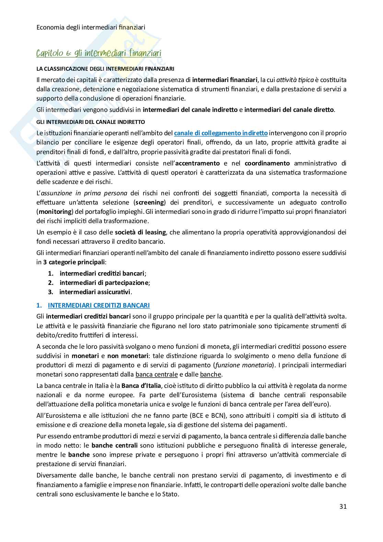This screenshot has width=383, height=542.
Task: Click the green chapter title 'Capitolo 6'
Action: coord(99,53)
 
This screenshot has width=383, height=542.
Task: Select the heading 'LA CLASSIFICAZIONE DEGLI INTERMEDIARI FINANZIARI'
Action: coord(105,69)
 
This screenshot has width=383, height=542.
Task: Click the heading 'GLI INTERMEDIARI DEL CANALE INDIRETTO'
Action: coord(91,122)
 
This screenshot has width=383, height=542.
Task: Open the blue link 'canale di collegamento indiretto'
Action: coord(221,133)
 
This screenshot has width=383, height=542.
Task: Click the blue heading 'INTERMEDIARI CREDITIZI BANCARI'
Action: coord(98,305)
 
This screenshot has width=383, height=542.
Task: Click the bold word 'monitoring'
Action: coord(54,212)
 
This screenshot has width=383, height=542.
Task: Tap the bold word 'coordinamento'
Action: coord(267,163)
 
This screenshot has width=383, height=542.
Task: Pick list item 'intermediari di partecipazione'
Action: coord(104,283)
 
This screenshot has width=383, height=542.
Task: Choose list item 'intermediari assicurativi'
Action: coord(95,292)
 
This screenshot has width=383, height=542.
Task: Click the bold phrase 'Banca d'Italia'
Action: coord(141,385)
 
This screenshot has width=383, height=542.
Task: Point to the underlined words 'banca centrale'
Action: coord(156,374)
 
